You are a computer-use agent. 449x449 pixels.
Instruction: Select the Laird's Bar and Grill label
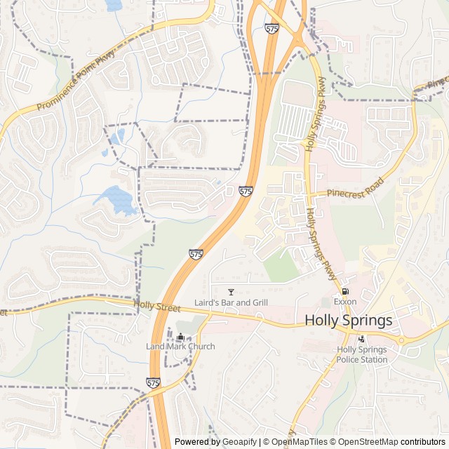point(231,302)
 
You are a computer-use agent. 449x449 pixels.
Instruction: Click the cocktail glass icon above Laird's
point(231,291)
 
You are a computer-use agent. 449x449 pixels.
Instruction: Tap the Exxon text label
point(345,302)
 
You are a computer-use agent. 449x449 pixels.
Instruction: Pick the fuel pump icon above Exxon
point(344,291)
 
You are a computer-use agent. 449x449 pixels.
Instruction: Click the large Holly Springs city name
point(348,321)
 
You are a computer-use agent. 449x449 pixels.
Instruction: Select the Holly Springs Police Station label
point(362,354)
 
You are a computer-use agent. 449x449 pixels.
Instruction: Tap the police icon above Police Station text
point(361,339)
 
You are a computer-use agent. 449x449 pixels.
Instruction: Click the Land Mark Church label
point(180,347)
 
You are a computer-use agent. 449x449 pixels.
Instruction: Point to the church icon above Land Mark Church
point(180,336)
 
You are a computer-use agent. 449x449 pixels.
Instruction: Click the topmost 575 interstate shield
point(272,28)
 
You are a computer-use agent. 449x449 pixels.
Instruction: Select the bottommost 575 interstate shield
point(154,382)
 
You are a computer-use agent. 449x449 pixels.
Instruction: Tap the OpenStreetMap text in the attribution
point(370,442)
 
